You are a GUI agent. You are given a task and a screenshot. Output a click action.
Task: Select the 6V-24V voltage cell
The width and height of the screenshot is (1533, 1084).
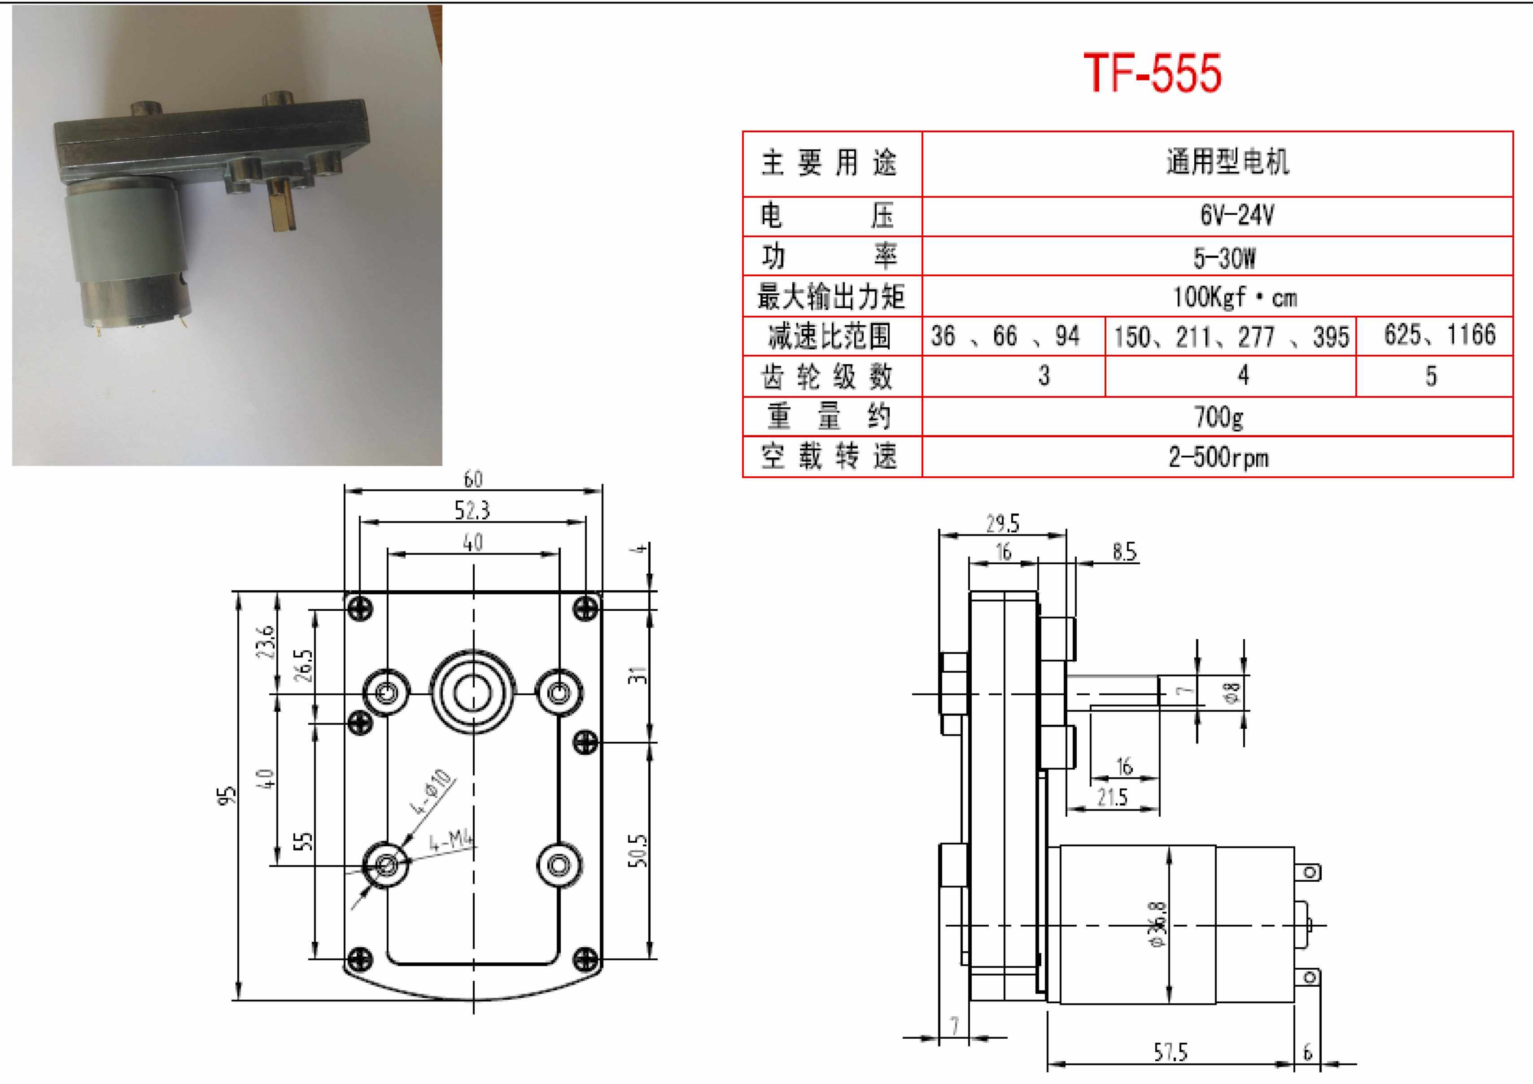click(1236, 216)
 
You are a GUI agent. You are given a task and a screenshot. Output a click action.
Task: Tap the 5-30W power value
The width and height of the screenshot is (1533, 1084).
click(1224, 257)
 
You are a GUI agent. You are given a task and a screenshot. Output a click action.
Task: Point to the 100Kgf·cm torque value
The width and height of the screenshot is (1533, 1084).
click(1235, 297)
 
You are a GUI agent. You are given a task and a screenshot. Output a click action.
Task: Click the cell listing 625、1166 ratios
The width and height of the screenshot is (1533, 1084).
click(1439, 335)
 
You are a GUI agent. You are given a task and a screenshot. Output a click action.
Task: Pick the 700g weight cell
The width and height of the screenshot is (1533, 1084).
click(1219, 417)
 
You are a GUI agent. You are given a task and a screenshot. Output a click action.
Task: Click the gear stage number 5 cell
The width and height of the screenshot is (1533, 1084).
click(1431, 376)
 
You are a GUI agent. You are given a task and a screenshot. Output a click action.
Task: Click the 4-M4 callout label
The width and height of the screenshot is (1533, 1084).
click(451, 840)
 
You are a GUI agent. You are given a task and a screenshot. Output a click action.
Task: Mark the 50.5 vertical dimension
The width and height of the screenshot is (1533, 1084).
click(638, 850)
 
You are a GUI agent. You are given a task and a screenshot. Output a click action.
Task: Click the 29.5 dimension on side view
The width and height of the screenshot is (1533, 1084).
click(1003, 524)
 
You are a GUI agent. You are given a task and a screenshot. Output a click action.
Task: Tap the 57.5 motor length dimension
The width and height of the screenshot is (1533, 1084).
click(1170, 1053)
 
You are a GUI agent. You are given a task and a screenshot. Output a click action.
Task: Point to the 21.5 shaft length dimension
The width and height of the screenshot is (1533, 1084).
click(1112, 797)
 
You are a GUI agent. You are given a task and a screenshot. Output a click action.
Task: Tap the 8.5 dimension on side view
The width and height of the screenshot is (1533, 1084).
click(1124, 552)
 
